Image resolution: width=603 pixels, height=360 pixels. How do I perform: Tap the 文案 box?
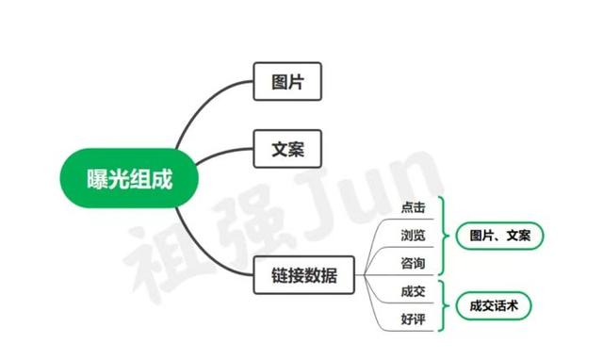point(288,148)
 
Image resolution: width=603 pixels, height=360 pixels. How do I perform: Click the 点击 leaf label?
point(413,207)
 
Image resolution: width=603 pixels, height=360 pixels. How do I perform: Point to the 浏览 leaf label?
point(413,234)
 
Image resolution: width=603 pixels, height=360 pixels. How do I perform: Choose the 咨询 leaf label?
point(413,260)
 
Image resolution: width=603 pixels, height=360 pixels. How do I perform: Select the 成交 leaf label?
point(413,293)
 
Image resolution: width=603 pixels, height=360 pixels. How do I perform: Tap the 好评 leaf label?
point(413,320)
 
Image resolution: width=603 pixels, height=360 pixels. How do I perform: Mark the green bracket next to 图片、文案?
point(444,234)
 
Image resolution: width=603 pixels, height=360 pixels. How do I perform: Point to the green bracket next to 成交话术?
point(444,306)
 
